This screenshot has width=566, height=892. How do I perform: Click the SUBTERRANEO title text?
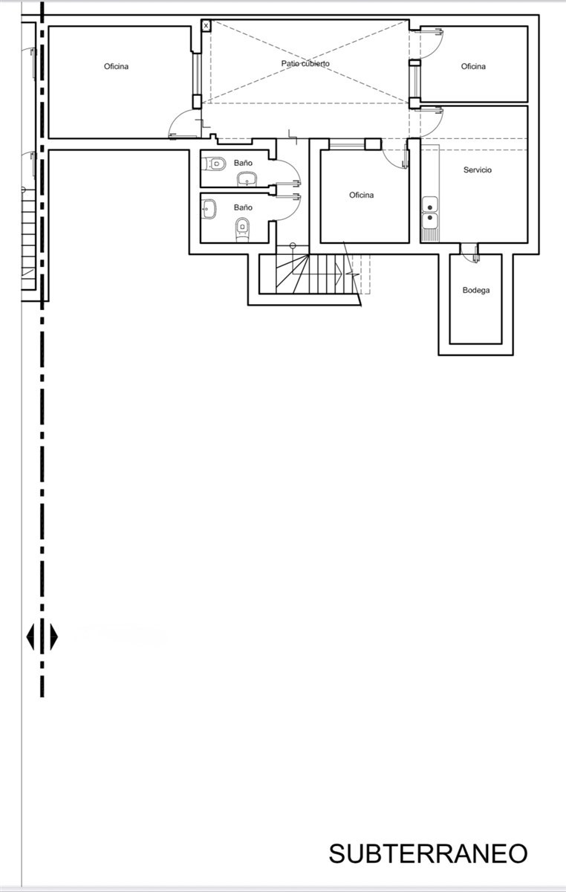(x=429, y=853)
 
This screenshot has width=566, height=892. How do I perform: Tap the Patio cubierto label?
(x=305, y=63)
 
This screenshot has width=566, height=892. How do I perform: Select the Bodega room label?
(x=476, y=291)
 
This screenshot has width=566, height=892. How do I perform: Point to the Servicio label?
(x=478, y=170)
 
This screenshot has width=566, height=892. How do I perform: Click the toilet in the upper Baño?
(x=214, y=164)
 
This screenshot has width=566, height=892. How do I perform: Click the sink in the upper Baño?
(x=247, y=179)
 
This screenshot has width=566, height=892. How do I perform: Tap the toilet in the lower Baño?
(x=242, y=230)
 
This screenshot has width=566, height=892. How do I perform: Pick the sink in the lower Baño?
(x=209, y=209)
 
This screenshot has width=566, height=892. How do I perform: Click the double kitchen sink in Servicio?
(x=430, y=213)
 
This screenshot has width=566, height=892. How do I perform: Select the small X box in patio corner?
(x=206, y=26)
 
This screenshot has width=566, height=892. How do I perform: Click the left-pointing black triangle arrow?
(x=30, y=637)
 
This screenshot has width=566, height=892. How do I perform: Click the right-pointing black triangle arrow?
(x=53, y=637)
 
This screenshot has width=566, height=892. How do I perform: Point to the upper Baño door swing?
(x=290, y=169)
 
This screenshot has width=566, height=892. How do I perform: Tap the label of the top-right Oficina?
(x=473, y=66)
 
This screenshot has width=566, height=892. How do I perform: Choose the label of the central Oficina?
(x=362, y=195)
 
